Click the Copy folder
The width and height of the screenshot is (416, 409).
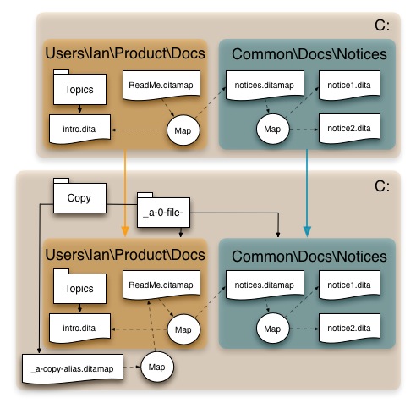coord(79,196)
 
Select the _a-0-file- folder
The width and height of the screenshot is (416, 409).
coord(163,211)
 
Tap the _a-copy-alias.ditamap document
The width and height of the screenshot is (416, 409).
coord(73,368)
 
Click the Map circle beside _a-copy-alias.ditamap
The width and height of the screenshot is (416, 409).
coord(157,367)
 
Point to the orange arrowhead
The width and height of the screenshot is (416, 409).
coord(125,231)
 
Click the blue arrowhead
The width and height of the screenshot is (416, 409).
coord(307,231)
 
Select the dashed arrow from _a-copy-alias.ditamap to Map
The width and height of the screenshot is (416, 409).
coord(132,367)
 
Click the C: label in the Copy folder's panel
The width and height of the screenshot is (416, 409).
coord(382,186)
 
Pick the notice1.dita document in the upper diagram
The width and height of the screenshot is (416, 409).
coord(349,86)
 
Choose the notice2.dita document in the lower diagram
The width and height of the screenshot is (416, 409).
coord(349,329)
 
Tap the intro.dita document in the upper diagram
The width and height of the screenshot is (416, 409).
coord(79,130)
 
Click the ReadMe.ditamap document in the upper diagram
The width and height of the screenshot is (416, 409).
coord(161,86)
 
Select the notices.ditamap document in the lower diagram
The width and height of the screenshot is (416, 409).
coord(265,285)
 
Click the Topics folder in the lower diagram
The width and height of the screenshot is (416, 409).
coord(79,287)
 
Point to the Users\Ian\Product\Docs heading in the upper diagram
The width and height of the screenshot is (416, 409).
coord(125,53)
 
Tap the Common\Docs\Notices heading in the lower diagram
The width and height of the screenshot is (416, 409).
coord(309,257)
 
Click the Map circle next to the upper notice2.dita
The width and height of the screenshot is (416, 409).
coord(272,130)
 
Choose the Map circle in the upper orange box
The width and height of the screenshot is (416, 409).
coord(183,130)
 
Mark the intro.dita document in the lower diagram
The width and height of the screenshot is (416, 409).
coord(79,329)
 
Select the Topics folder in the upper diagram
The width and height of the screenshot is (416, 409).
coord(79,87)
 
